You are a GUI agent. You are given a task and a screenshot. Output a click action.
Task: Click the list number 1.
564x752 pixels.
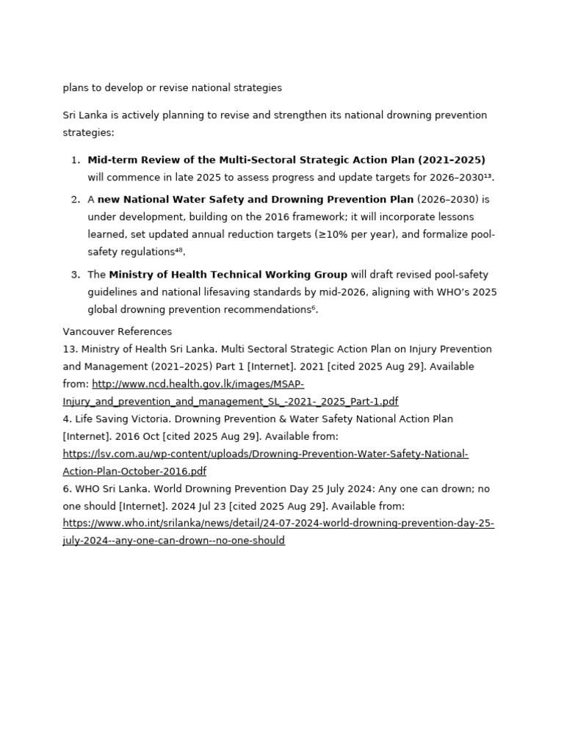tap(76, 160)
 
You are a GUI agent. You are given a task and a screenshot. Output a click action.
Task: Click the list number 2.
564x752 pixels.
tap(76, 200)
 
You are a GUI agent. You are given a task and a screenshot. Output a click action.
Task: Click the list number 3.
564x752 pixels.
tap(76, 275)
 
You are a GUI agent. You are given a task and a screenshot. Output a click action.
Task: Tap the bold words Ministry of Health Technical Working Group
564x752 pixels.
tap(228, 275)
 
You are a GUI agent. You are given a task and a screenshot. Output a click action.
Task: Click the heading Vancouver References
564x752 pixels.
tap(117, 332)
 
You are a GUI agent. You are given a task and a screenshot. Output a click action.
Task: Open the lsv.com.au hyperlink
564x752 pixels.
tap(265, 454)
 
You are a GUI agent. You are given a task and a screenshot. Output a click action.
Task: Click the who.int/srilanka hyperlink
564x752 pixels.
tap(278, 524)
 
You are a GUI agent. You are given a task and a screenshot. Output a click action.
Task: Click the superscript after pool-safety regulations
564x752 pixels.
tap(178, 250)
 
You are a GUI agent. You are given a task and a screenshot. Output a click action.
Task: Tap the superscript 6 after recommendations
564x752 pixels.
tap(314, 308)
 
